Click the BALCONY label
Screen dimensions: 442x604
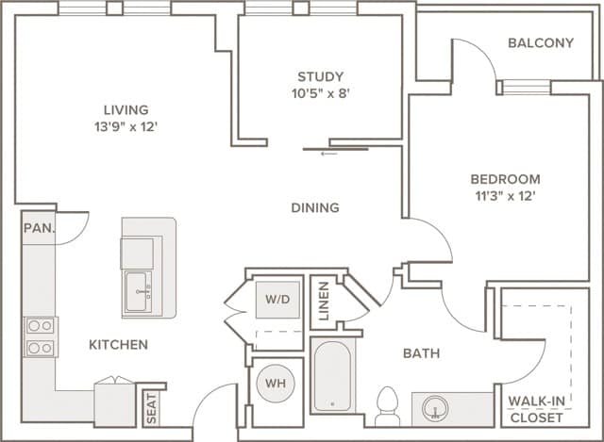pos(540,43)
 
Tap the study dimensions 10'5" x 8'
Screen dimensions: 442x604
pos(320,93)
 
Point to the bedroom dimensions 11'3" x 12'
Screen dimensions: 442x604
pos(505,196)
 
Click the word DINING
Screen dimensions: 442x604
pos(314,207)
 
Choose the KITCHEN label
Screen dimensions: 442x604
pos(118,345)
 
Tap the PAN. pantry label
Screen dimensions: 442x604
pos(39,228)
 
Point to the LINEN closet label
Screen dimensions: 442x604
pos(324,302)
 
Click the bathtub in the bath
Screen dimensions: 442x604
pos(333,377)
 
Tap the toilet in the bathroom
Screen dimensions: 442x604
pos(387,406)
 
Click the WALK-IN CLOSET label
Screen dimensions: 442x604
pos(537,409)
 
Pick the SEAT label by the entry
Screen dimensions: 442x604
pos(152,407)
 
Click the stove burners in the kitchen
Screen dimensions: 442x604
pos(40,336)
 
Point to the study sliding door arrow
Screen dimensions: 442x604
pos(328,154)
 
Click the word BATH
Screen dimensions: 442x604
pos(421,353)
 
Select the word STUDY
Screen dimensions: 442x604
pos(320,76)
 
